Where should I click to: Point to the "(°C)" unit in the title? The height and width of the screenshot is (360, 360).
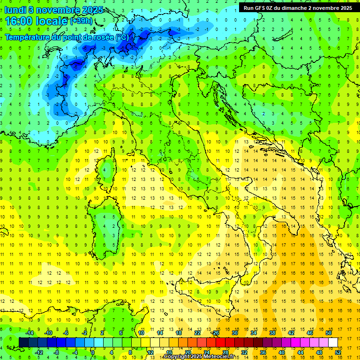point(122,37)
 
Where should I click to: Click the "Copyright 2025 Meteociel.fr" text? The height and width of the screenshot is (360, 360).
point(199,357)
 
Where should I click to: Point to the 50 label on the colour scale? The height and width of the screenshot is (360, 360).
point(329,332)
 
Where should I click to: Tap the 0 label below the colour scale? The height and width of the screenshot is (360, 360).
point(93,352)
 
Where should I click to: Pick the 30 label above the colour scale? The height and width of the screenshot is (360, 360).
point(234,332)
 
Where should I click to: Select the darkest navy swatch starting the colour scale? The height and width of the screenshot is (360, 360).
point(23,342)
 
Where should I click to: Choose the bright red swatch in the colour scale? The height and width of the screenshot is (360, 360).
point(220,342)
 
